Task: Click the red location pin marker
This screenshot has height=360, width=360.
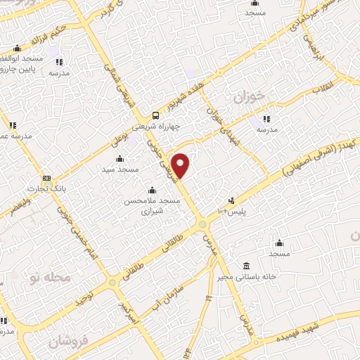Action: click(181, 165)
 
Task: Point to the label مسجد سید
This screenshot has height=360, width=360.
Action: click(117, 169)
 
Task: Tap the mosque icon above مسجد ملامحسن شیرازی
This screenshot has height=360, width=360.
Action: click(152, 190)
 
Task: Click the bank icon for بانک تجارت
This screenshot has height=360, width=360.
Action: click(46, 178)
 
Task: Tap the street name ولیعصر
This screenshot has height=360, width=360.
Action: click(15, 207)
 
